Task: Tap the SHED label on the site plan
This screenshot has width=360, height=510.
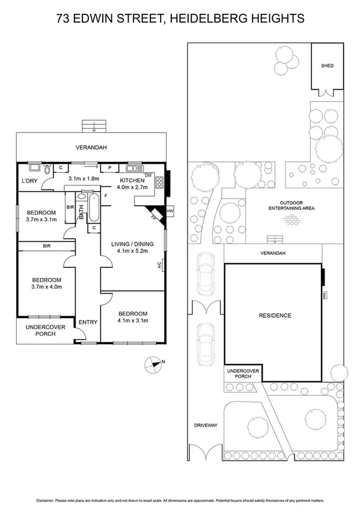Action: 327,66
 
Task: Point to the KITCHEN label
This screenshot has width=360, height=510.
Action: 132,180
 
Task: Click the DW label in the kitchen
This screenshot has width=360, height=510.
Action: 148,175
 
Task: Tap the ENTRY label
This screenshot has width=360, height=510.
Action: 88,322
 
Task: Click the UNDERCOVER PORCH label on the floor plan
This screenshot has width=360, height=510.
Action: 40,330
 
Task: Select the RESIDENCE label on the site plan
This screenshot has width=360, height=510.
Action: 275,315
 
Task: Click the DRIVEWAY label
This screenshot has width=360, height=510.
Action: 205,425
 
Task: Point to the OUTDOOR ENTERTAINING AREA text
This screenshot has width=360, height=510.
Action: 292,205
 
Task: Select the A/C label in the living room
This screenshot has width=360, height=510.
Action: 160,264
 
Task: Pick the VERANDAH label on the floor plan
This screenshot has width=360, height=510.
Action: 91,147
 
